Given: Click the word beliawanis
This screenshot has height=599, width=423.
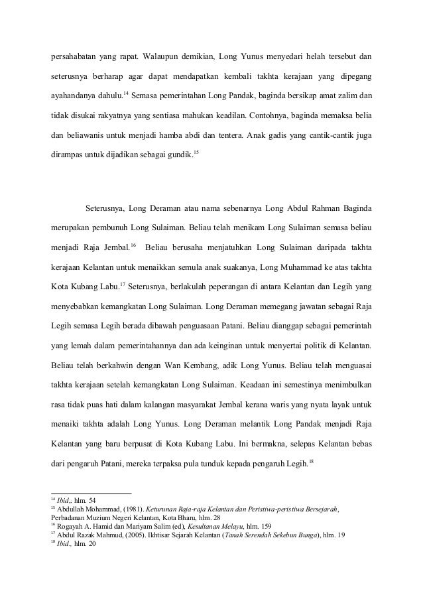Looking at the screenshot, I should tap(90, 138).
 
